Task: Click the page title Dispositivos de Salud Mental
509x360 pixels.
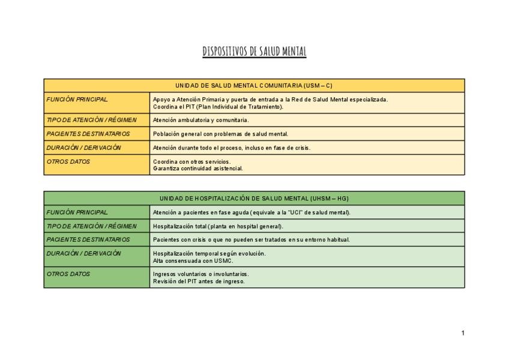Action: pyautogui.click(x=254, y=52)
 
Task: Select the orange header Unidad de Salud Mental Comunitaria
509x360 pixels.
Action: pyautogui.click(x=254, y=85)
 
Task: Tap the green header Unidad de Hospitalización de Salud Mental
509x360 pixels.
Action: pyautogui.click(x=254, y=198)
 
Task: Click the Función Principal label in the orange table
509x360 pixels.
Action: pyautogui.click(x=77, y=99)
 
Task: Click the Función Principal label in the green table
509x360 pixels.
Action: pyautogui.click(x=77, y=212)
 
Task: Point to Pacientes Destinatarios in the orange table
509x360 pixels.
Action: pyautogui.click(x=88, y=133)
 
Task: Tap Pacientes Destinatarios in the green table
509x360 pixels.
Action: pyautogui.click(x=88, y=239)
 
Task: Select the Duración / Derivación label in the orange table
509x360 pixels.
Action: pyautogui.click(x=83, y=147)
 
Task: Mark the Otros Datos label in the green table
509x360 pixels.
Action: pyautogui.click(x=68, y=274)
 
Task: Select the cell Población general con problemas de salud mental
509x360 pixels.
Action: pyautogui.click(x=220, y=134)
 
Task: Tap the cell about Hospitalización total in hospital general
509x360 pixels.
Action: pyautogui.click(x=218, y=226)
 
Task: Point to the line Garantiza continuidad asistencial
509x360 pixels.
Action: pyautogui.click(x=197, y=169)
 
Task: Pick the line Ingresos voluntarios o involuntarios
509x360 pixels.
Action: pyautogui.click(x=200, y=274)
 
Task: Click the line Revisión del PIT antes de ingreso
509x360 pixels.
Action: pyautogui.click(x=199, y=281)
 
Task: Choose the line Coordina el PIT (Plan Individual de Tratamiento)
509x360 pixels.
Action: pyautogui.click(x=218, y=106)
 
